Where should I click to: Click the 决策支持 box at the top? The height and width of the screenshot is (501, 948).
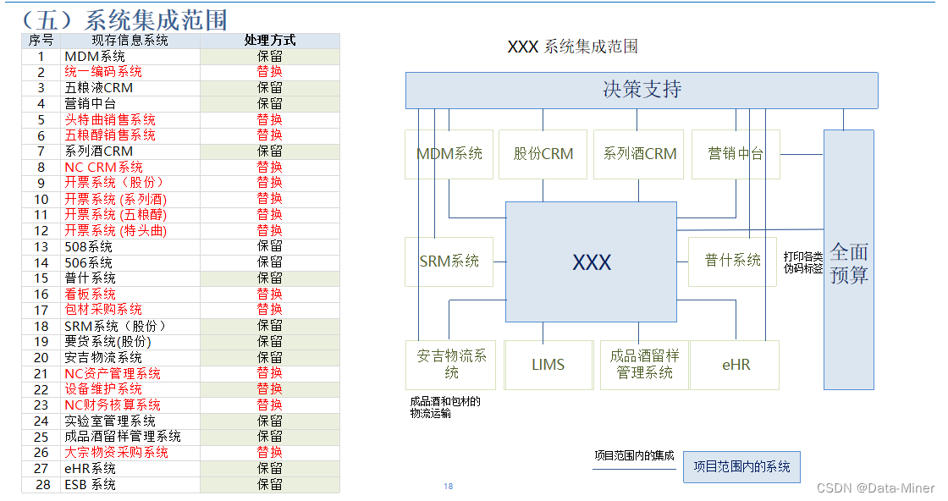tap(641, 90)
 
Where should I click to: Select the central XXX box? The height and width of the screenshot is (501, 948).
tap(591, 262)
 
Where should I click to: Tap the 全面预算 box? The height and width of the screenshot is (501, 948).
tap(848, 261)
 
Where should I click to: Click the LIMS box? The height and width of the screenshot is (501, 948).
tap(548, 365)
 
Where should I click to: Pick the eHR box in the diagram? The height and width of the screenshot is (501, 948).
tap(735, 365)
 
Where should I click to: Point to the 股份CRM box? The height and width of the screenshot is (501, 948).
tap(543, 154)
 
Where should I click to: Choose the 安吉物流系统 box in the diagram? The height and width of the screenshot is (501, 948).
tap(451, 365)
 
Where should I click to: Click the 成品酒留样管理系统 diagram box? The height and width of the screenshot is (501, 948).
tap(644, 365)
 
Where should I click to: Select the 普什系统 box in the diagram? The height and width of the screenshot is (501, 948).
tap(732, 261)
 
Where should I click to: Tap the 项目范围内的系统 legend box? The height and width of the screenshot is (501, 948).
tap(741, 466)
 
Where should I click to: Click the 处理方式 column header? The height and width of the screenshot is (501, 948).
tap(269, 41)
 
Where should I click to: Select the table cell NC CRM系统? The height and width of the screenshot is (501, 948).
tap(104, 167)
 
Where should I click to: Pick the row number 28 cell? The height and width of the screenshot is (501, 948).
tap(41, 485)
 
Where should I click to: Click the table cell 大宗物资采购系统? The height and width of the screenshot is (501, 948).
tap(116, 453)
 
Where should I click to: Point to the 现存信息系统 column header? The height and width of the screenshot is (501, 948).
tap(130, 41)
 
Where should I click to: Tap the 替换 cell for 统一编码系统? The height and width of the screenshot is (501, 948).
tap(269, 72)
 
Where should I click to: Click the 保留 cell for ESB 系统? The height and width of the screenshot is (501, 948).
tap(269, 485)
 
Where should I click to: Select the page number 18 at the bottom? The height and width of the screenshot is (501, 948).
tap(449, 487)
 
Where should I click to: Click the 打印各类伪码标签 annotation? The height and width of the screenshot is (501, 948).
tap(802, 262)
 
